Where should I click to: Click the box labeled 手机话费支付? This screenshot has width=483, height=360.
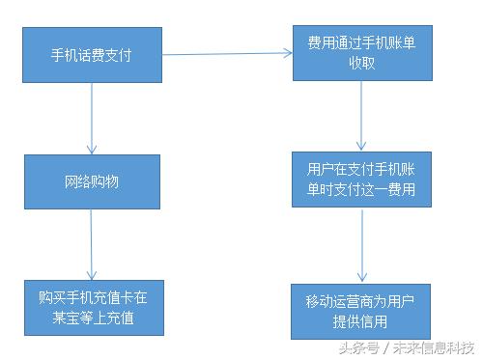[x=92, y=55]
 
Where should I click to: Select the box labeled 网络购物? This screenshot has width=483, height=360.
[x=92, y=181]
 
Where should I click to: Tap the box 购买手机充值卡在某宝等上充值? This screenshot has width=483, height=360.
[x=92, y=307]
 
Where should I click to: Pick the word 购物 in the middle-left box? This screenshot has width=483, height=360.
[x=106, y=181]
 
